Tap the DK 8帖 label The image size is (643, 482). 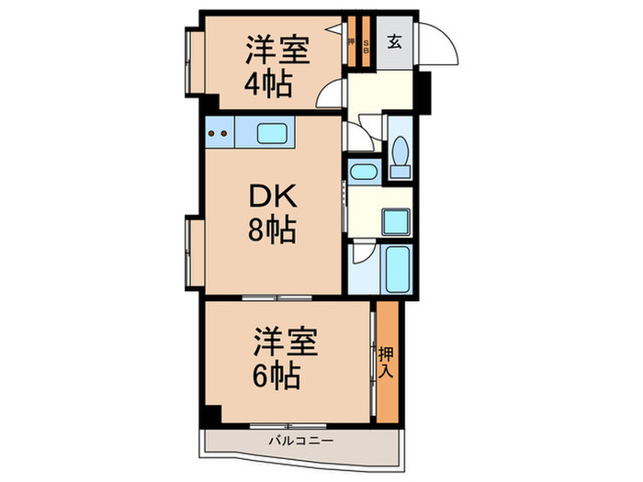point(268,213)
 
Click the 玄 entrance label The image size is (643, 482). point(394,41)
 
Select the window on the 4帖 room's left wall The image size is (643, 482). point(191,62)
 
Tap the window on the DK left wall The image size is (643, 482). point(191,250)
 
